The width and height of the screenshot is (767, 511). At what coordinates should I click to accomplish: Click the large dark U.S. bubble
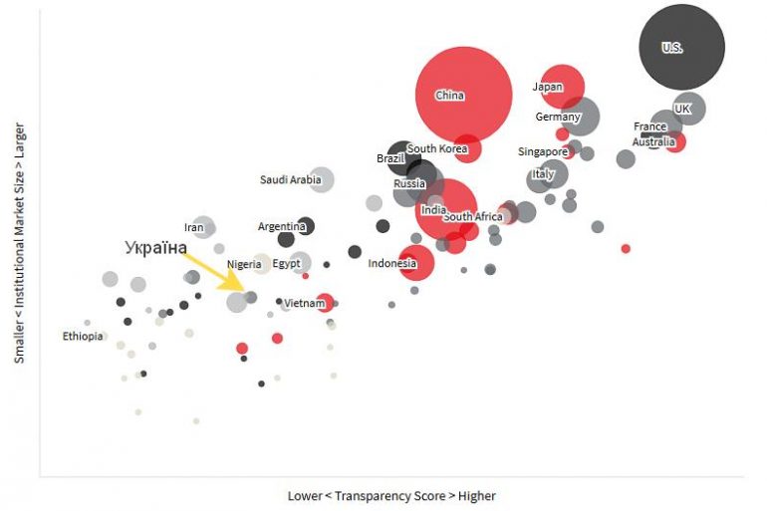pyautogui.click(x=681, y=47)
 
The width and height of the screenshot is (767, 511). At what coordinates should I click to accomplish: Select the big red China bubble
pyautogui.click(x=463, y=95)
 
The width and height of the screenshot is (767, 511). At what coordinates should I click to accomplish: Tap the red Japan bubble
pyautogui.click(x=561, y=87)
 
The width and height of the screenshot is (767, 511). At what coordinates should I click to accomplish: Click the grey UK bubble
pyautogui.click(x=687, y=109)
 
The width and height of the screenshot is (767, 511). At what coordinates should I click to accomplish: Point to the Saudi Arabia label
pyautogui.click(x=290, y=180)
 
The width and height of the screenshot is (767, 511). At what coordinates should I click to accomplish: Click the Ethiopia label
pyautogui.click(x=83, y=336)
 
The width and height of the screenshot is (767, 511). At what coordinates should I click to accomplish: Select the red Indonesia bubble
pyautogui.click(x=416, y=264)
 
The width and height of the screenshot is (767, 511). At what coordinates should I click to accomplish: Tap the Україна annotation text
pyautogui.click(x=155, y=246)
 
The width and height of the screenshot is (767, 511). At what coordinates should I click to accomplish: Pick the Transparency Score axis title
pyautogui.click(x=390, y=495)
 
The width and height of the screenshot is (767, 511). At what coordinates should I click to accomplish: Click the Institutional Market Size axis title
pyautogui.click(x=19, y=242)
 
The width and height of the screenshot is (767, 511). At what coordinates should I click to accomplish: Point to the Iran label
pyautogui.click(x=193, y=228)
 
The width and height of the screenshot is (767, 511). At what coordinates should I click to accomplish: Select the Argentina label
pyautogui.click(x=281, y=226)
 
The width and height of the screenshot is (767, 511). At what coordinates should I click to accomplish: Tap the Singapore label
pyautogui.click(x=542, y=151)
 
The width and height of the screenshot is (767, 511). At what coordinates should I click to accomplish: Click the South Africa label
pyautogui.click(x=473, y=216)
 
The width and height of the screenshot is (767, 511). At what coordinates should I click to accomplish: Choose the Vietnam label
pyautogui.click(x=304, y=302)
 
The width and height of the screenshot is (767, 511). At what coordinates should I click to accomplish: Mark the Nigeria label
pyautogui.click(x=244, y=264)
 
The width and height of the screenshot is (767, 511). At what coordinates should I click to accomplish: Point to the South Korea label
pyautogui.click(x=437, y=148)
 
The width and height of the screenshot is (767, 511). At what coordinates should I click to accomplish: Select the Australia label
pyautogui.click(x=653, y=142)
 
